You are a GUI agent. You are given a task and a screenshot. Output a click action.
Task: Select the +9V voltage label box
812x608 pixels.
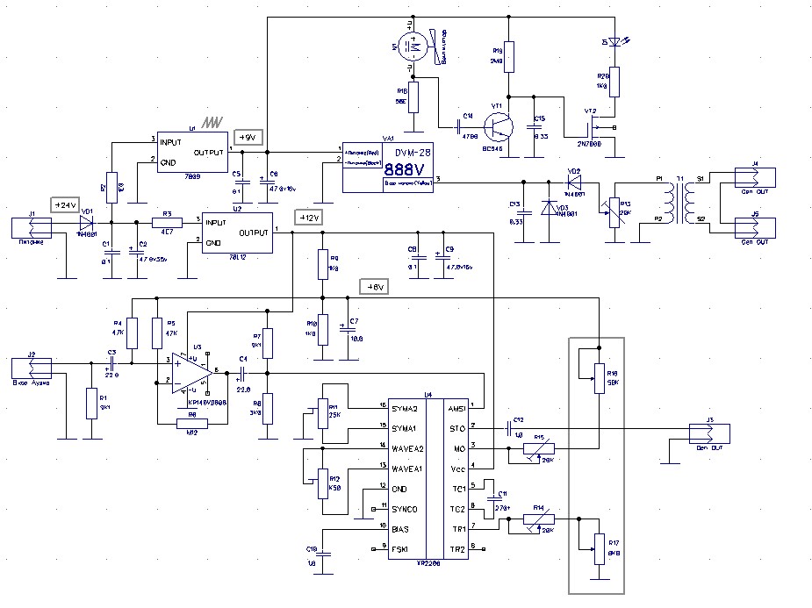pos(248,137)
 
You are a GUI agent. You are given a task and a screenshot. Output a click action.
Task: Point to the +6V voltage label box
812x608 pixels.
pos(373,286)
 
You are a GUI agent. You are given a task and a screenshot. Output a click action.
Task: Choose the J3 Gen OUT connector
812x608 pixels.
pos(708,431)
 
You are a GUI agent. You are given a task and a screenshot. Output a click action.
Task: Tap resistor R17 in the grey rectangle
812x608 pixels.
pos(600,548)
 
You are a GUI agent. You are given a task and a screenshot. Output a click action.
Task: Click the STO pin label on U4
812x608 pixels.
pos(456,429)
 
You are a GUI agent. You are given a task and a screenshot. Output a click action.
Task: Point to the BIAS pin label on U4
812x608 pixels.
pos(401,529)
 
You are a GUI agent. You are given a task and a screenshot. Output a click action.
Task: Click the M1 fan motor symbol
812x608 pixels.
pos(412,46)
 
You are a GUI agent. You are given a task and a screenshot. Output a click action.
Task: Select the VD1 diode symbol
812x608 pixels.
pos(86,221)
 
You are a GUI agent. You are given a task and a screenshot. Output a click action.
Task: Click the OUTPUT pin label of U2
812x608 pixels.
pos(253,232)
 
